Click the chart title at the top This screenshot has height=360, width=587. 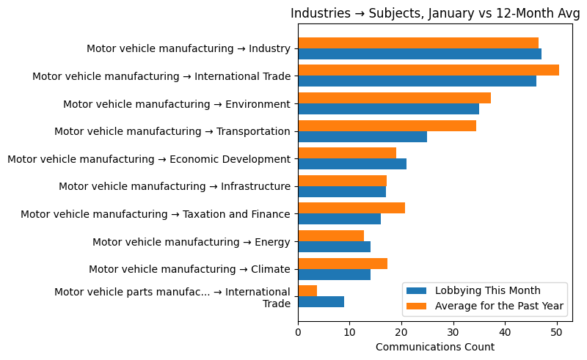[435, 13]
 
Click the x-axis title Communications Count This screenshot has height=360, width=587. [435, 347]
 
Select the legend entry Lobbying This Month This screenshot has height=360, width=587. [487, 290]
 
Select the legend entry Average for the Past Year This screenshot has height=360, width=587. [499, 306]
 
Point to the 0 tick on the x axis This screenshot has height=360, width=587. [298, 332]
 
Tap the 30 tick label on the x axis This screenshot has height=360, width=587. [453, 332]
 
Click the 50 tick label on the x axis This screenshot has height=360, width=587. [557, 332]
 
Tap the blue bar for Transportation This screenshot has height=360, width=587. [362, 137]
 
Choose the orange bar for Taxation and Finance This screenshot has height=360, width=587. [351, 208]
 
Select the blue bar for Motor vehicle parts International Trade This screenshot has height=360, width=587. [321, 302]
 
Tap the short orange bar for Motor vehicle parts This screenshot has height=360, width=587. [307, 291]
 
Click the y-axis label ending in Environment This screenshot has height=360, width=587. [177, 104]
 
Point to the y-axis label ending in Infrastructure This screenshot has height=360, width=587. [175, 186]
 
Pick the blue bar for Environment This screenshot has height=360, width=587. [388, 109]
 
